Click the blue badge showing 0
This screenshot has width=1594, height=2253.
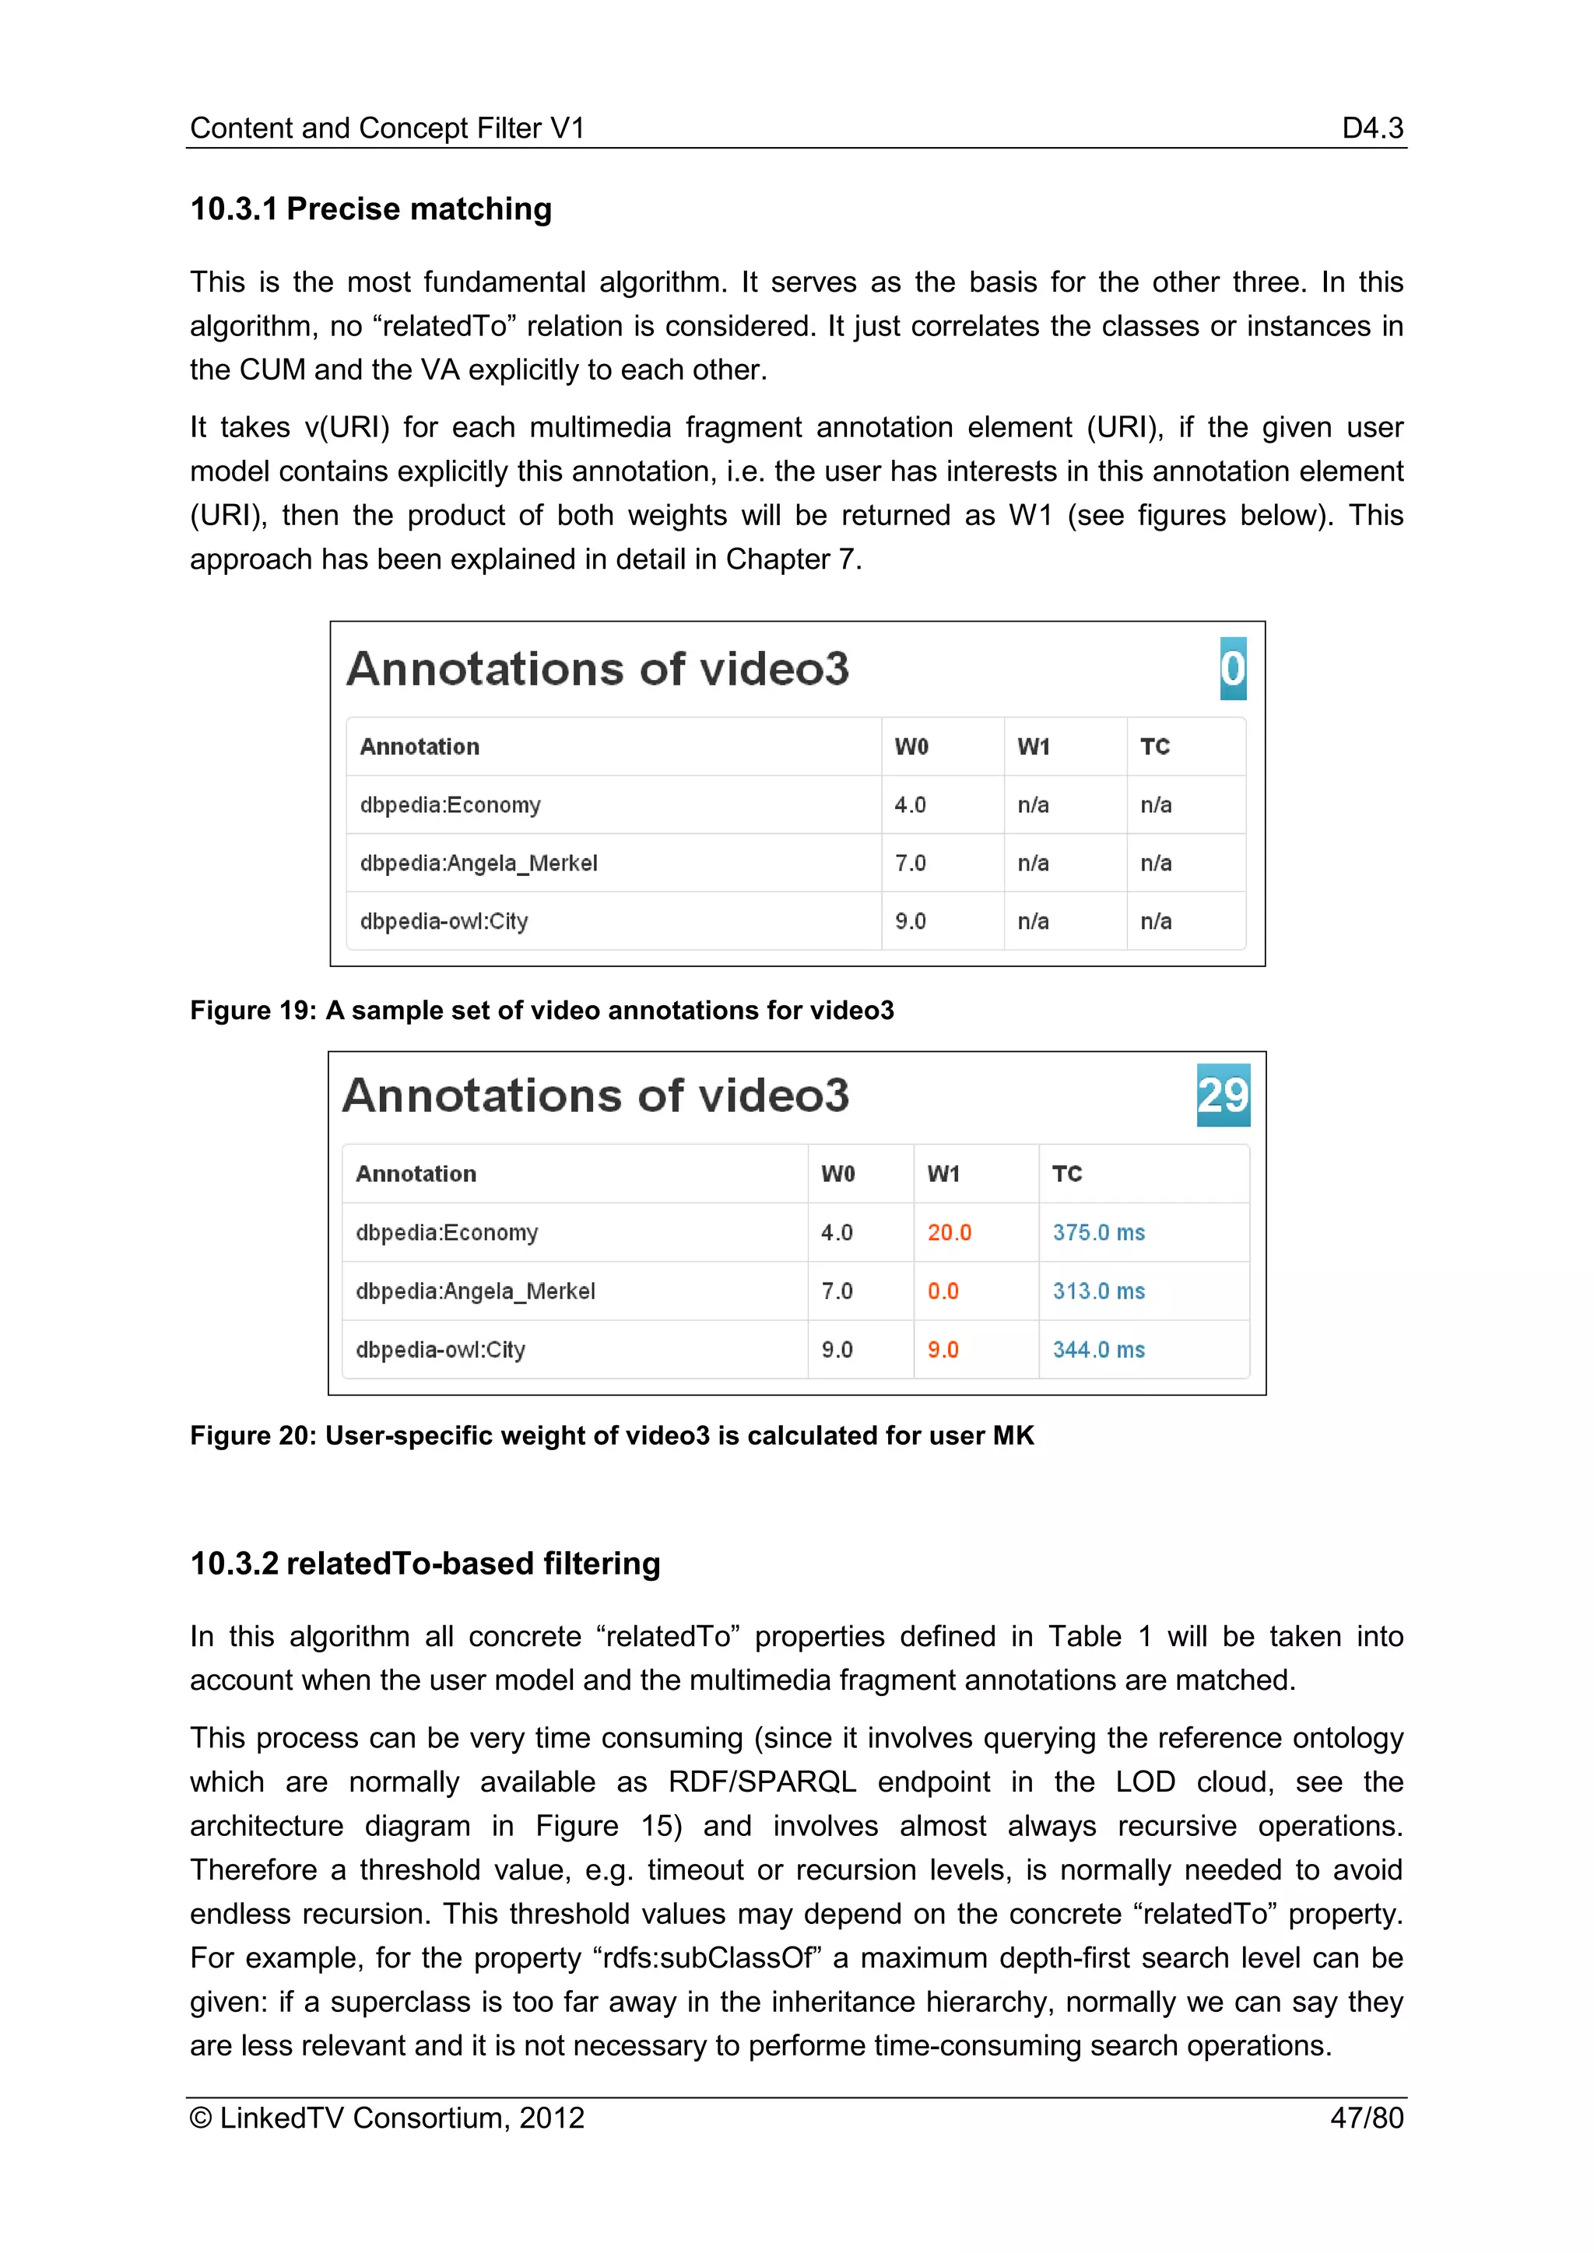pos(1233,668)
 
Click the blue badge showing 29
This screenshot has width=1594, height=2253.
pos(1223,1095)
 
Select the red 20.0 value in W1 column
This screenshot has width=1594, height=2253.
pos(949,1232)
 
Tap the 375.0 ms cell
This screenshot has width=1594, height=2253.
pos(1098,1232)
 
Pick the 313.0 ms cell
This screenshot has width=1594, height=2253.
pos(1098,1291)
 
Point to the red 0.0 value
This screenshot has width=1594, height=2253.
pos(943,1291)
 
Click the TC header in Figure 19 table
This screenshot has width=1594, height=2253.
pos(1155,747)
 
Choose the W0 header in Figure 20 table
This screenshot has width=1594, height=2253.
pos(837,1174)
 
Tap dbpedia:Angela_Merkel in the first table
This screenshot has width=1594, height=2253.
pos(478,864)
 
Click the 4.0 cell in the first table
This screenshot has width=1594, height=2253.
pos(910,804)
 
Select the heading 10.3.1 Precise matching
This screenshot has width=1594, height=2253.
pos(371,209)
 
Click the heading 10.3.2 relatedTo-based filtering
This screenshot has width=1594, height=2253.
pos(425,1563)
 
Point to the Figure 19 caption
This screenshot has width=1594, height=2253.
pos(542,1010)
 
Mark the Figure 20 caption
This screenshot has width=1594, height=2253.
pos(612,1435)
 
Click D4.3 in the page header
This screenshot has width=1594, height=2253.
pos(1372,128)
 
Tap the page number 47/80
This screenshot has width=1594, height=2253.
pos(1366,2118)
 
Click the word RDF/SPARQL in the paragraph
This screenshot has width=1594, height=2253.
pos(762,1782)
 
